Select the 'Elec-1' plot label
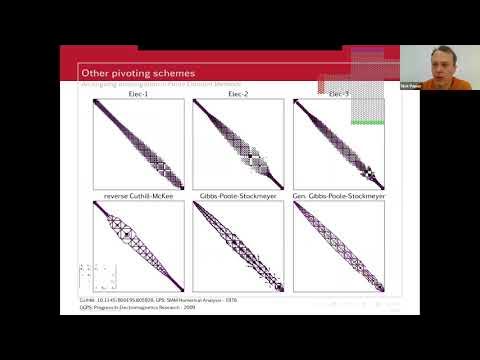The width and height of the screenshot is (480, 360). pos(138,94)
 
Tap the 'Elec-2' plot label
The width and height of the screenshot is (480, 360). pos(238,94)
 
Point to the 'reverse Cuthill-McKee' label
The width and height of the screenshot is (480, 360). pos(138,195)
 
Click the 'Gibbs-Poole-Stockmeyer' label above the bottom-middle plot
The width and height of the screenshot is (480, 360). pos(238,195)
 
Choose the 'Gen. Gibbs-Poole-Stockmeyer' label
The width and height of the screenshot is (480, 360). pos(338,195)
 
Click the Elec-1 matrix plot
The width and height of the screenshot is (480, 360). pos(138,144)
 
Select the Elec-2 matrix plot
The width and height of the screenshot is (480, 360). pos(238,144)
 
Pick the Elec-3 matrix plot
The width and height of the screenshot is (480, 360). pos(338,144)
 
